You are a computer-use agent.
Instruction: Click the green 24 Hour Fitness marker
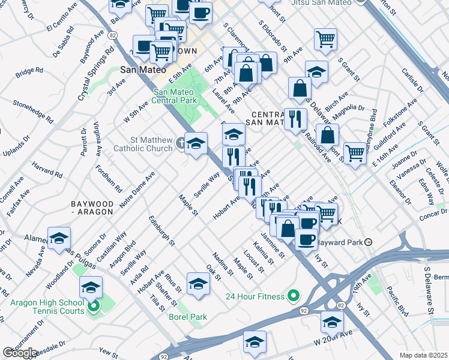293,295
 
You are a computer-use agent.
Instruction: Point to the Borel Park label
188,317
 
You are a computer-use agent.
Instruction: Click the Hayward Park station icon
369,242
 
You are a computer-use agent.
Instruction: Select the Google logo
20,353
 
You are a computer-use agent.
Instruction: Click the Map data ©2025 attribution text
424,355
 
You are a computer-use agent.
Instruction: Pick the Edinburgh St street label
161,232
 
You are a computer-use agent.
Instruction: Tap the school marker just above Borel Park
198,283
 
